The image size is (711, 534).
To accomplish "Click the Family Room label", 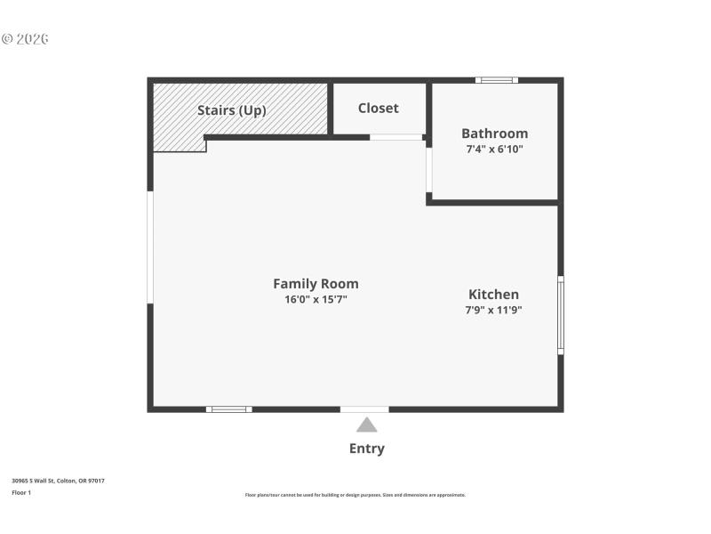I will click(316, 284).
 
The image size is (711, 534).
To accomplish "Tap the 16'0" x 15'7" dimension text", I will click(316, 300).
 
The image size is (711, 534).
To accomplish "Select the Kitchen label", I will click(493, 295).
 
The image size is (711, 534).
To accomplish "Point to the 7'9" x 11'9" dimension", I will click(493, 311).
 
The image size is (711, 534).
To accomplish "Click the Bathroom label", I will click(494, 133).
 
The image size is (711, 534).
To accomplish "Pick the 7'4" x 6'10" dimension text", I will click(494, 150).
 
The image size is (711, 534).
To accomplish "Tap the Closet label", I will click(379, 109).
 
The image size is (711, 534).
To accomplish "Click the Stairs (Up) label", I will click(231, 110).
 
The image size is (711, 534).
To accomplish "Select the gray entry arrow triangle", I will click(366, 425).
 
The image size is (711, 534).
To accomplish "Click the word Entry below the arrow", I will click(366, 449).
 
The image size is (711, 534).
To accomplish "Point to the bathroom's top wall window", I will click(496, 80).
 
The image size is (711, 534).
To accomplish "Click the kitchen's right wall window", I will click(561, 315).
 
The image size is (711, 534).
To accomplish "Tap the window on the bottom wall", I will click(229, 409).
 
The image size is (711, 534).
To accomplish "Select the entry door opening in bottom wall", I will click(364, 409).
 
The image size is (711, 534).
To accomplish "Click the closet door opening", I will click(396, 137).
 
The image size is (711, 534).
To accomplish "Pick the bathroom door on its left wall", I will click(428, 170).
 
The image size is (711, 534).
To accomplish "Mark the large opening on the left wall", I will click(150, 247).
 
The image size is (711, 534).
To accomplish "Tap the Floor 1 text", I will click(21, 492).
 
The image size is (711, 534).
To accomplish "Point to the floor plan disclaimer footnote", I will click(355, 495).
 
